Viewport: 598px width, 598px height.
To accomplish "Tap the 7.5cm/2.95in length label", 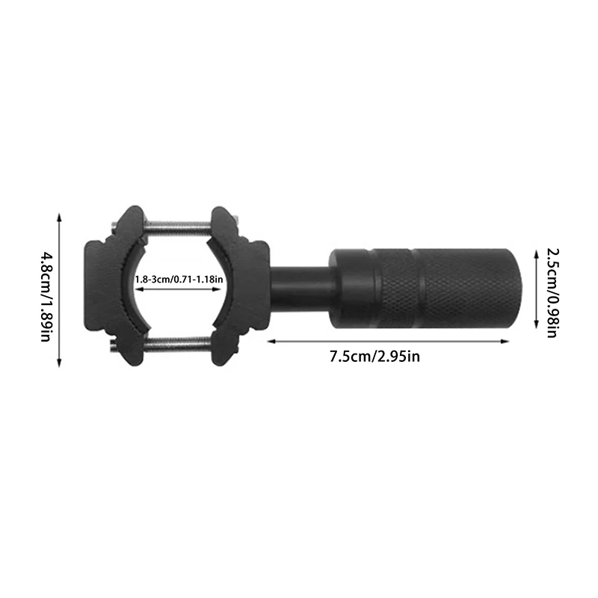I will [374, 356].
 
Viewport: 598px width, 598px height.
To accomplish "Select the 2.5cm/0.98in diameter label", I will [551, 289].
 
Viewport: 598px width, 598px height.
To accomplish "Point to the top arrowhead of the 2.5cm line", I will [537, 253].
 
